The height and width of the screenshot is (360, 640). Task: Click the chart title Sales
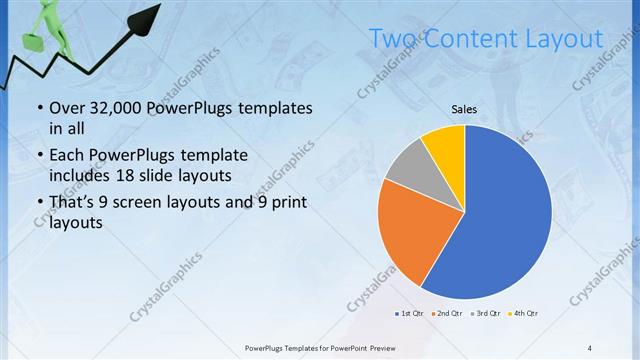[x=464, y=109]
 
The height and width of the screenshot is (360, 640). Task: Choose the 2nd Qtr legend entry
[x=446, y=314]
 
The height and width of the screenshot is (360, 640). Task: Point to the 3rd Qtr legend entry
[x=485, y=314]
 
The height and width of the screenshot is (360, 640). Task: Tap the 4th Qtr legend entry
[x=523, y=314]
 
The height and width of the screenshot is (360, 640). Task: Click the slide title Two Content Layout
[x=485, y=39]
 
